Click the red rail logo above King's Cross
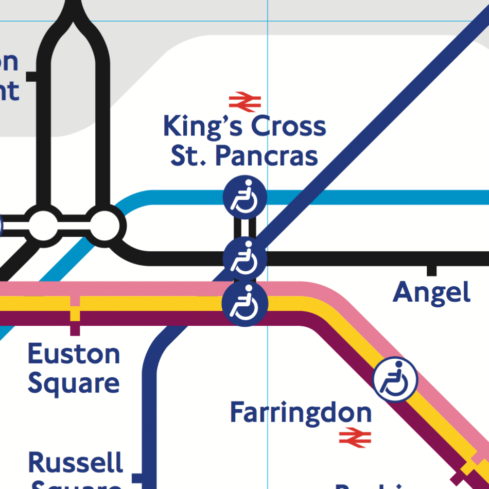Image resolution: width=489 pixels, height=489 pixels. click(245, 102)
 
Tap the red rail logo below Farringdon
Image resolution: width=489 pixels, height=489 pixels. click(355, 436)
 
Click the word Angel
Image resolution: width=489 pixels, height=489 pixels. click(431, 293)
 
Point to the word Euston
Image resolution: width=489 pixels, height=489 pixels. click(74, 354)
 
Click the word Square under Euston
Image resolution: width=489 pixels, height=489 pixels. click(74, 384)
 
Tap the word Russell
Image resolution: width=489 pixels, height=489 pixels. click(76, 462)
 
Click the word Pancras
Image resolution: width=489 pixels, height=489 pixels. click(266, 155)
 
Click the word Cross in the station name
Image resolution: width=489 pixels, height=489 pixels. click(282, 127)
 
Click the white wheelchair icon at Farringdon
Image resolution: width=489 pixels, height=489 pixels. click(395, 379)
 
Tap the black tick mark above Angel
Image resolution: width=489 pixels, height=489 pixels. click(432, 270)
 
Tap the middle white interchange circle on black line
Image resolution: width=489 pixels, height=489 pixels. click(44, 225)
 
